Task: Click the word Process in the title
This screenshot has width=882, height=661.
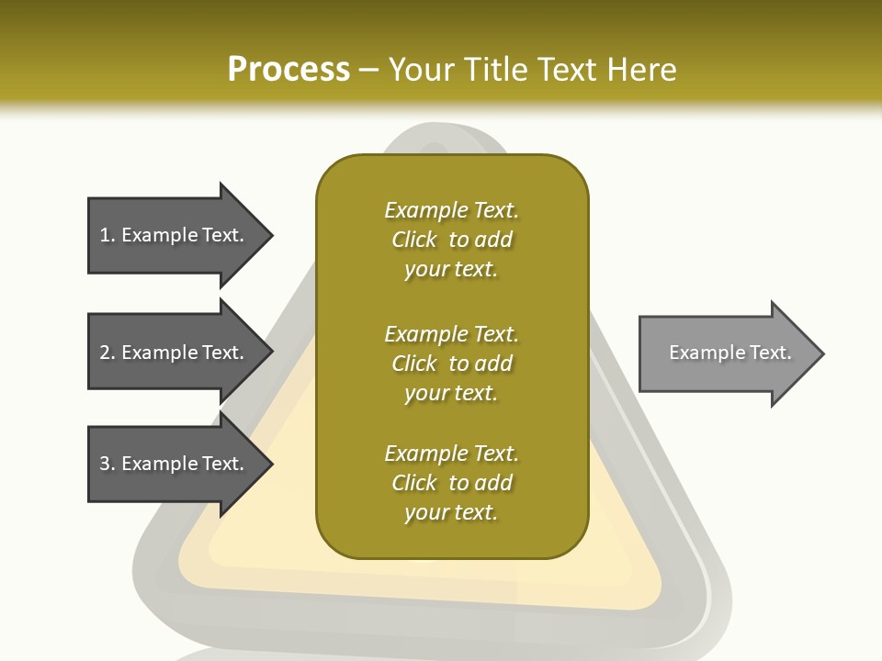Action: click(x=288, y=70)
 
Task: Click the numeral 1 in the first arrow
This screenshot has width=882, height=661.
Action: click(x=105, y=235)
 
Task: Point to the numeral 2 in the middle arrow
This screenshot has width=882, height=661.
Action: click(x=105, y=353)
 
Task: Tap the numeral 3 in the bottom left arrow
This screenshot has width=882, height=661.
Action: click(x=105, y=464)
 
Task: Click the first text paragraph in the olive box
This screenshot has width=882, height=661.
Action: click(x=451, y=240)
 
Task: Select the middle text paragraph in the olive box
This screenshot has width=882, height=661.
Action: click(x=451, y=364)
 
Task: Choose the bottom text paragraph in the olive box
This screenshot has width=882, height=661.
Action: click(x=451, y=483)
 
